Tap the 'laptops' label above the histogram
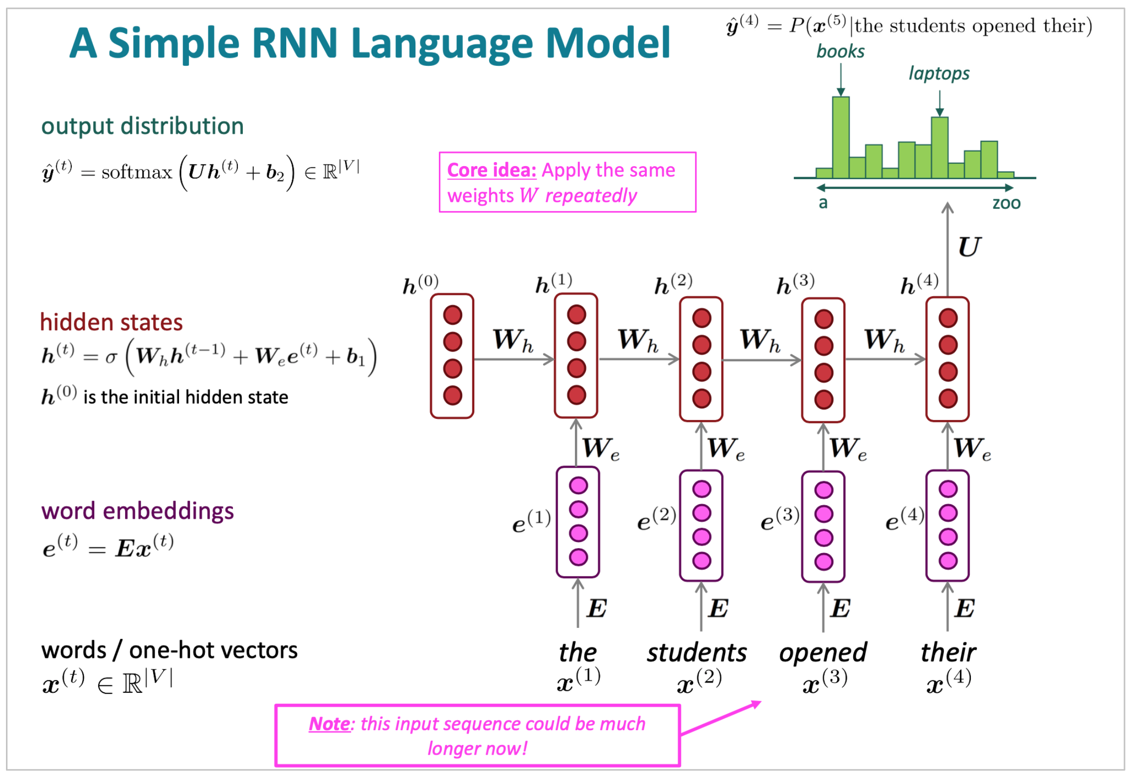click(939, 73)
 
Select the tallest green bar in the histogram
click(840, 137)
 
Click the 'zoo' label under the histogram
click(1006, 203)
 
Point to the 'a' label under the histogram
click(823, 202)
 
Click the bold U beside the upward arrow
click(969, 247)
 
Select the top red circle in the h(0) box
click(452, 315)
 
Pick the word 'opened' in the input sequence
click(823, 652)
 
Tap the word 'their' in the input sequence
click(947, 652)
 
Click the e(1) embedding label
click(531, 521)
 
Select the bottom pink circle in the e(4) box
click(947, 561)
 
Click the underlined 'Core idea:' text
click(491, 170)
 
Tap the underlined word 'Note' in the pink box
click(329, 723)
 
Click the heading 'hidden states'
click(111, 322)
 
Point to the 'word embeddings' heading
click(137, 511)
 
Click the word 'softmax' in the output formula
click(137, 172)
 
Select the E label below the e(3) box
click(840, 608)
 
